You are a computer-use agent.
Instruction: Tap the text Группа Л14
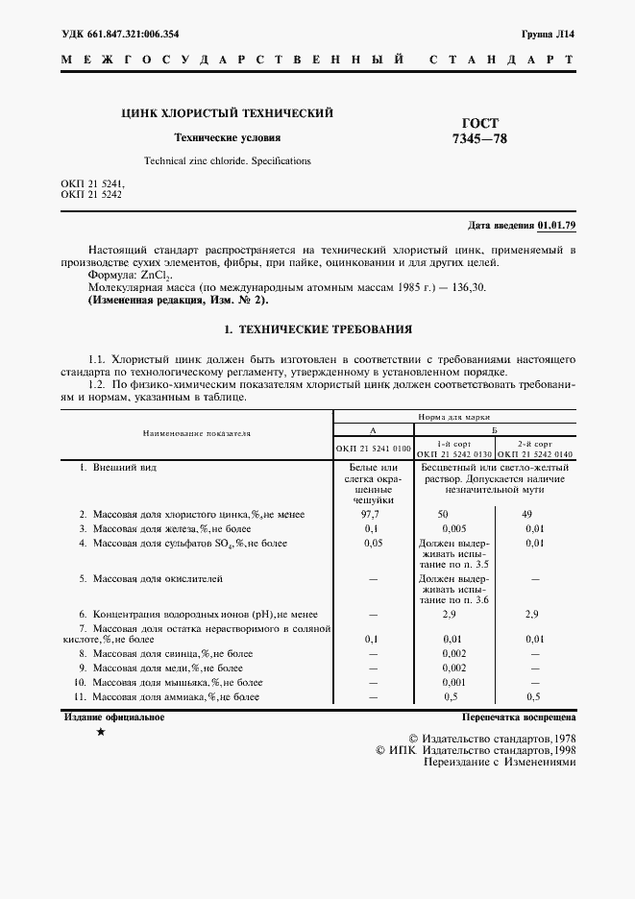tap(550, 33)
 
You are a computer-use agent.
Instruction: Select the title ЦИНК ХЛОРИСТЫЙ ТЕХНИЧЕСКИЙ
tap(227, 113)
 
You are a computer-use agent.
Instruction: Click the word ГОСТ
tap(480, 123)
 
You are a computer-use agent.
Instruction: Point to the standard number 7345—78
tap(480, 139)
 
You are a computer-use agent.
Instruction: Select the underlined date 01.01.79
tap(557, 226)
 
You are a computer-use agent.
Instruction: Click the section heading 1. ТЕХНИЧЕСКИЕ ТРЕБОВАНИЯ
tap(317, 329)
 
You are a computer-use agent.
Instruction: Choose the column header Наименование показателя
tap(197, 433)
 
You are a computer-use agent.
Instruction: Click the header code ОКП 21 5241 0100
tap(374, 449)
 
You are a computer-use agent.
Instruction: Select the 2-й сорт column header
tap(535, 445)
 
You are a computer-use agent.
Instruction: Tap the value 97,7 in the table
tap(373, 515)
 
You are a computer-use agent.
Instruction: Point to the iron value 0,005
tap(453, 529)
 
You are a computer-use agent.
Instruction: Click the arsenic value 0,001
tap(453, 681)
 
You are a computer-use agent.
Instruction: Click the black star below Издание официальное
tap(101, 733)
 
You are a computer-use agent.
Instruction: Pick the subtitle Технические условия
tap(227, 137)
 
